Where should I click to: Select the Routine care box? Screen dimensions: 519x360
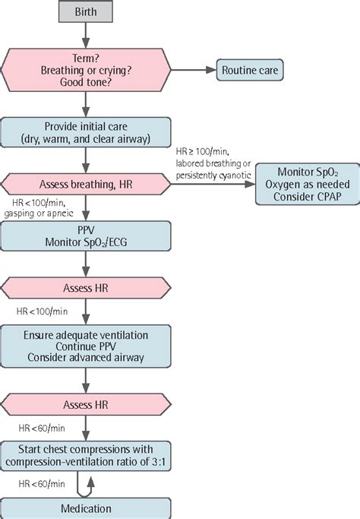click(249, 71)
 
